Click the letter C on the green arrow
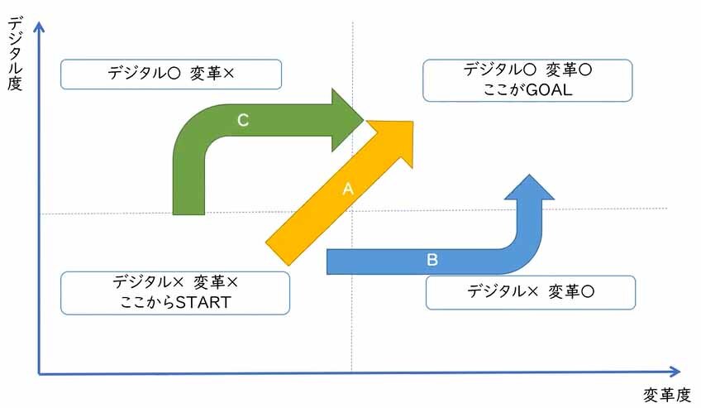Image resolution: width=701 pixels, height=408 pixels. click(x=243, y=120)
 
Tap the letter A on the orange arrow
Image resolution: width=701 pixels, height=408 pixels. click(x=348, y=189)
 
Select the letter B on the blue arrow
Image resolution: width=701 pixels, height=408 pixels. click(x=432, y=260)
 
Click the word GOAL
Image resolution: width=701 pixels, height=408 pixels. click(x=551, y=89)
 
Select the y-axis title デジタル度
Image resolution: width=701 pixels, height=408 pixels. click(x=14, y=54)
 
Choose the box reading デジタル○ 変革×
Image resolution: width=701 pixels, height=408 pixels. click(x=171, y=74)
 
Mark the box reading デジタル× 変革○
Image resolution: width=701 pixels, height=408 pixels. click(x=531, y=292)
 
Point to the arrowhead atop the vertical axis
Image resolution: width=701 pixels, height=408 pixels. click(x=38, y=29)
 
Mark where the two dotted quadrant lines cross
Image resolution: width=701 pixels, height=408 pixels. click(x=352, y=211)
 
